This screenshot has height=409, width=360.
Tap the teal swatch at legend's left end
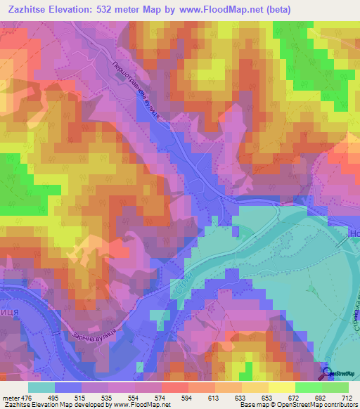41,387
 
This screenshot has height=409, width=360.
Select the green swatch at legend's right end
335,387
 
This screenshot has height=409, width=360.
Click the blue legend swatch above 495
68,387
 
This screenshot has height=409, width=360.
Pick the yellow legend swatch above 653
255,387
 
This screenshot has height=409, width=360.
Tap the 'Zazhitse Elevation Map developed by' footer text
49,405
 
